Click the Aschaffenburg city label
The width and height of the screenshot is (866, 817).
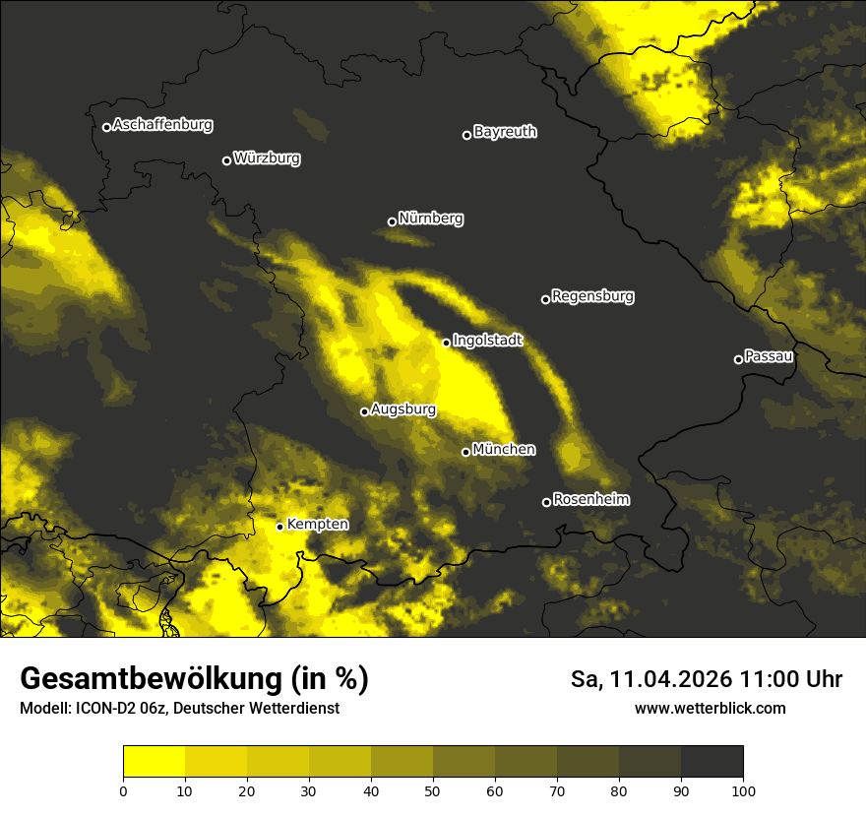(162, 125)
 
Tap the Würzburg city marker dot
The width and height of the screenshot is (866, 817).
(226, 160)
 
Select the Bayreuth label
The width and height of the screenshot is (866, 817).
(505, 131)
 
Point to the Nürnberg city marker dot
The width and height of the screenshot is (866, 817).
(392, 221)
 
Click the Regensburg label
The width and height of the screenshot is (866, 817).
(592, 295)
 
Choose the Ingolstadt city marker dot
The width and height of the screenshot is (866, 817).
(446, 343)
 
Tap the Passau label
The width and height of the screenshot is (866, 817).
(769, 355)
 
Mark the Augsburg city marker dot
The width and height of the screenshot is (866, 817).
(364, 411)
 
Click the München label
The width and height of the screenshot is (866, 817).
(504, 449)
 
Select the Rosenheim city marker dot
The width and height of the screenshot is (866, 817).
(546, 502)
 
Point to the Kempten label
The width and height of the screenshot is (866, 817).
(317, 524)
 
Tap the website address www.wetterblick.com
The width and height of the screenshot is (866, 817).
(711, 708)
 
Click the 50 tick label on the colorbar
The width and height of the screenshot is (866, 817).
(433, 790)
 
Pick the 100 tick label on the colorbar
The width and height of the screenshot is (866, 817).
(743, 790)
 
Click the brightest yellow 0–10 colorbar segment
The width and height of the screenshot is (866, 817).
(154, 762)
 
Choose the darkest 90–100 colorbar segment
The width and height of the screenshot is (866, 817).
(711, 762)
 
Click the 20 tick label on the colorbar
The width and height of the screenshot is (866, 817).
(247, 790)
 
